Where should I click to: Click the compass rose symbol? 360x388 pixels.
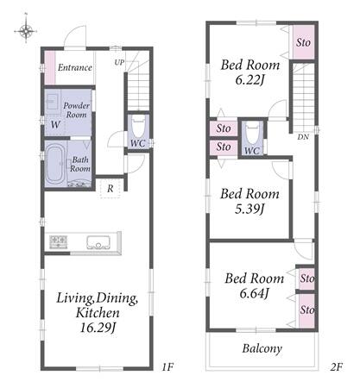click(x=26, y=30)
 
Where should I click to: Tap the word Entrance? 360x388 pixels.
click(x=75, y=67)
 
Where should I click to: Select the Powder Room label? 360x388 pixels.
click(x=76, y=110)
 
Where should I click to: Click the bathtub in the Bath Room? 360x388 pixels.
click(x=54, y=164)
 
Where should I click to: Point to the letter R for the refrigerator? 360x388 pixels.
click(x=111, y=189)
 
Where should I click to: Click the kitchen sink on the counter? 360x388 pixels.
click(x=98, y=243)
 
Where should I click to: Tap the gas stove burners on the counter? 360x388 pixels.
click(x=59, y=241)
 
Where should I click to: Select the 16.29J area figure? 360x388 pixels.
click(x=98, y=328)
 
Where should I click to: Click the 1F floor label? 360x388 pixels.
click(x=167, y=366)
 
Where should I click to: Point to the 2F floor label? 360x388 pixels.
click(x=336, y=366)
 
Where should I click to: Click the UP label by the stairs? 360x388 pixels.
click(x=119, y=62)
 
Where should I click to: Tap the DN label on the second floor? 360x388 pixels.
click(x=303, y=137)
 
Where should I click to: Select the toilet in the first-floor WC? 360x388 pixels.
click(x=138, y=128)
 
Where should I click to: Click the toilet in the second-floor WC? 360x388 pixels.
click(x=252, y=134)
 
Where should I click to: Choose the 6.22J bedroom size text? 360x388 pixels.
click(x=249, y=79)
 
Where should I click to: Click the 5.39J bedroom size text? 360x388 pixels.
click(x=249, y=209)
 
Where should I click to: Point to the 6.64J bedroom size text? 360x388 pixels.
click(x=254, y=293)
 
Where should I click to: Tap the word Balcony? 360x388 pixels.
click(x=262, y=348)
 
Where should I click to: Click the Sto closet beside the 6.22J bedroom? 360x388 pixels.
click(x=303, y=42)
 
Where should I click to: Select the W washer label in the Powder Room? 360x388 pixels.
click(x=55, y=124)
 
